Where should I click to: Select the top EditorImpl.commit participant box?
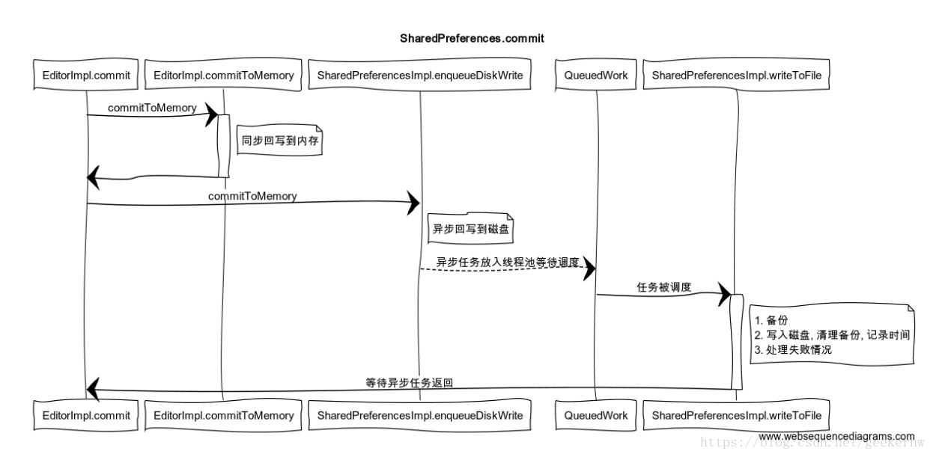[x=87, y=75]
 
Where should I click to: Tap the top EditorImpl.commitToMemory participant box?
[x=223, y=75]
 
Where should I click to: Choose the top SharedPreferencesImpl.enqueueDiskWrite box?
[x=420, y=75]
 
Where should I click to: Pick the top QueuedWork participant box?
[x=596, y=75]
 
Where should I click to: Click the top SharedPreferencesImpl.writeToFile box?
[x=737, y=75]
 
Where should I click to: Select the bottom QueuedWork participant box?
[x=596, y=415]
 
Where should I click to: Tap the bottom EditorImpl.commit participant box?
[x=87, y=415]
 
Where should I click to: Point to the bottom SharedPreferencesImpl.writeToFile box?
[x=737, y=415]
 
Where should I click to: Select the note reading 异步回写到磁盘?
[x=471, y=229]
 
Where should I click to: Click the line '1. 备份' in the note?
[x=771, y=321]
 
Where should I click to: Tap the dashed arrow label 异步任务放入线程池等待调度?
[x=508, y=263]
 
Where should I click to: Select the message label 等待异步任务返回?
[x=409, y=381]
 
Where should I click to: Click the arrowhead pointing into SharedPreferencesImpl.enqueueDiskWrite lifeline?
[x=413, y=202]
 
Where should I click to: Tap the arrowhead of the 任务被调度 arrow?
[x=723, y=294]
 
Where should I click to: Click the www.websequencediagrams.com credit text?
[x=836, y=436]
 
